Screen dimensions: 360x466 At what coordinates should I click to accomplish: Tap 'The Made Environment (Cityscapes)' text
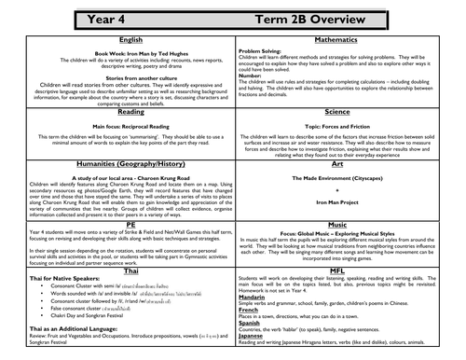349,176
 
